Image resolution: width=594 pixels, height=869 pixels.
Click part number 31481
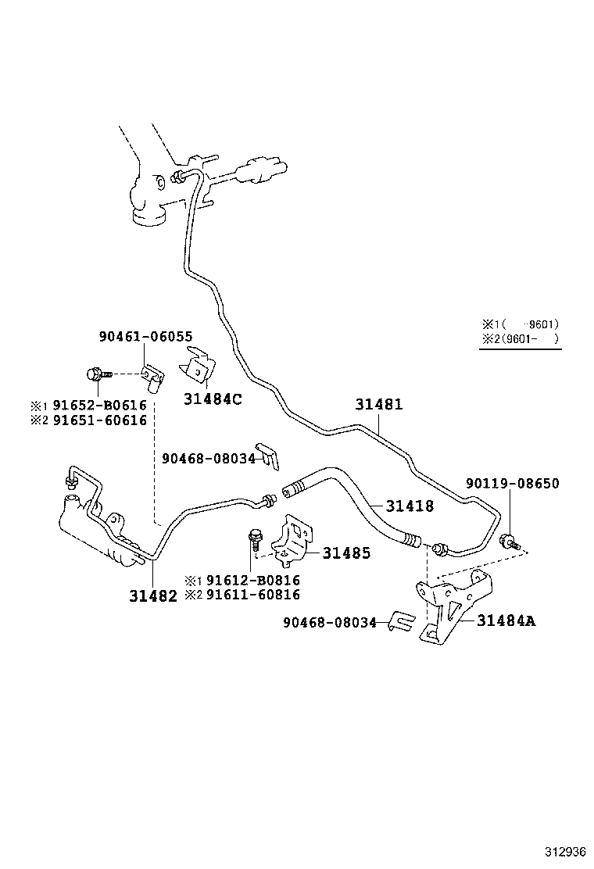tap(379, 405)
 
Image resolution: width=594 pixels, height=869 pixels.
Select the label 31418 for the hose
tap(409, 506)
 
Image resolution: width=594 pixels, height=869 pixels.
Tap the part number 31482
tap(153, 595)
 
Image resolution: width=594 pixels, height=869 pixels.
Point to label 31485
tap(346, 553)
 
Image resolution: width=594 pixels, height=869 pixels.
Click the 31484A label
tap(506, 621)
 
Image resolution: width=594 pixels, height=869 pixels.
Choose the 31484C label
tap(213, 399)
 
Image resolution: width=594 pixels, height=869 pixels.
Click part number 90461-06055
tap(145, 336)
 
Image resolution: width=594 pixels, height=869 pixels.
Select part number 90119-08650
tap(513, 484)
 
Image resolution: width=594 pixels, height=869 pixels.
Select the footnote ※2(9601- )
tap(521, 338)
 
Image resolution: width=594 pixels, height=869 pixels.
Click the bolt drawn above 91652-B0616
tap(98, 374)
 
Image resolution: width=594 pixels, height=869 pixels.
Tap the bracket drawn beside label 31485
tap(290, 540)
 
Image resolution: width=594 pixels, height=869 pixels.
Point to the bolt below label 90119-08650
tap(509, 539)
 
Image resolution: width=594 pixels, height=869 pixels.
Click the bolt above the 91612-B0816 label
tap(253, 539)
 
